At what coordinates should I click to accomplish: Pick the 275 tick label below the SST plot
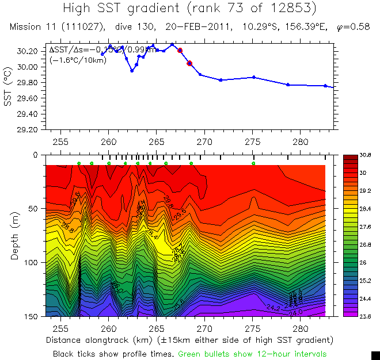(x=253, y=141)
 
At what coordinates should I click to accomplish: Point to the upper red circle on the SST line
(x=180, y=51)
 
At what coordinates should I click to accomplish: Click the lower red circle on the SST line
(x=189, y=63)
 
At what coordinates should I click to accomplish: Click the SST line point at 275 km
(x=254, y=77)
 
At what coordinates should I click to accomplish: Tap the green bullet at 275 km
(x=254, y=163)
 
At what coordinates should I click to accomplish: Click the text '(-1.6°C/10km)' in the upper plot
(x=77, y=60)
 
